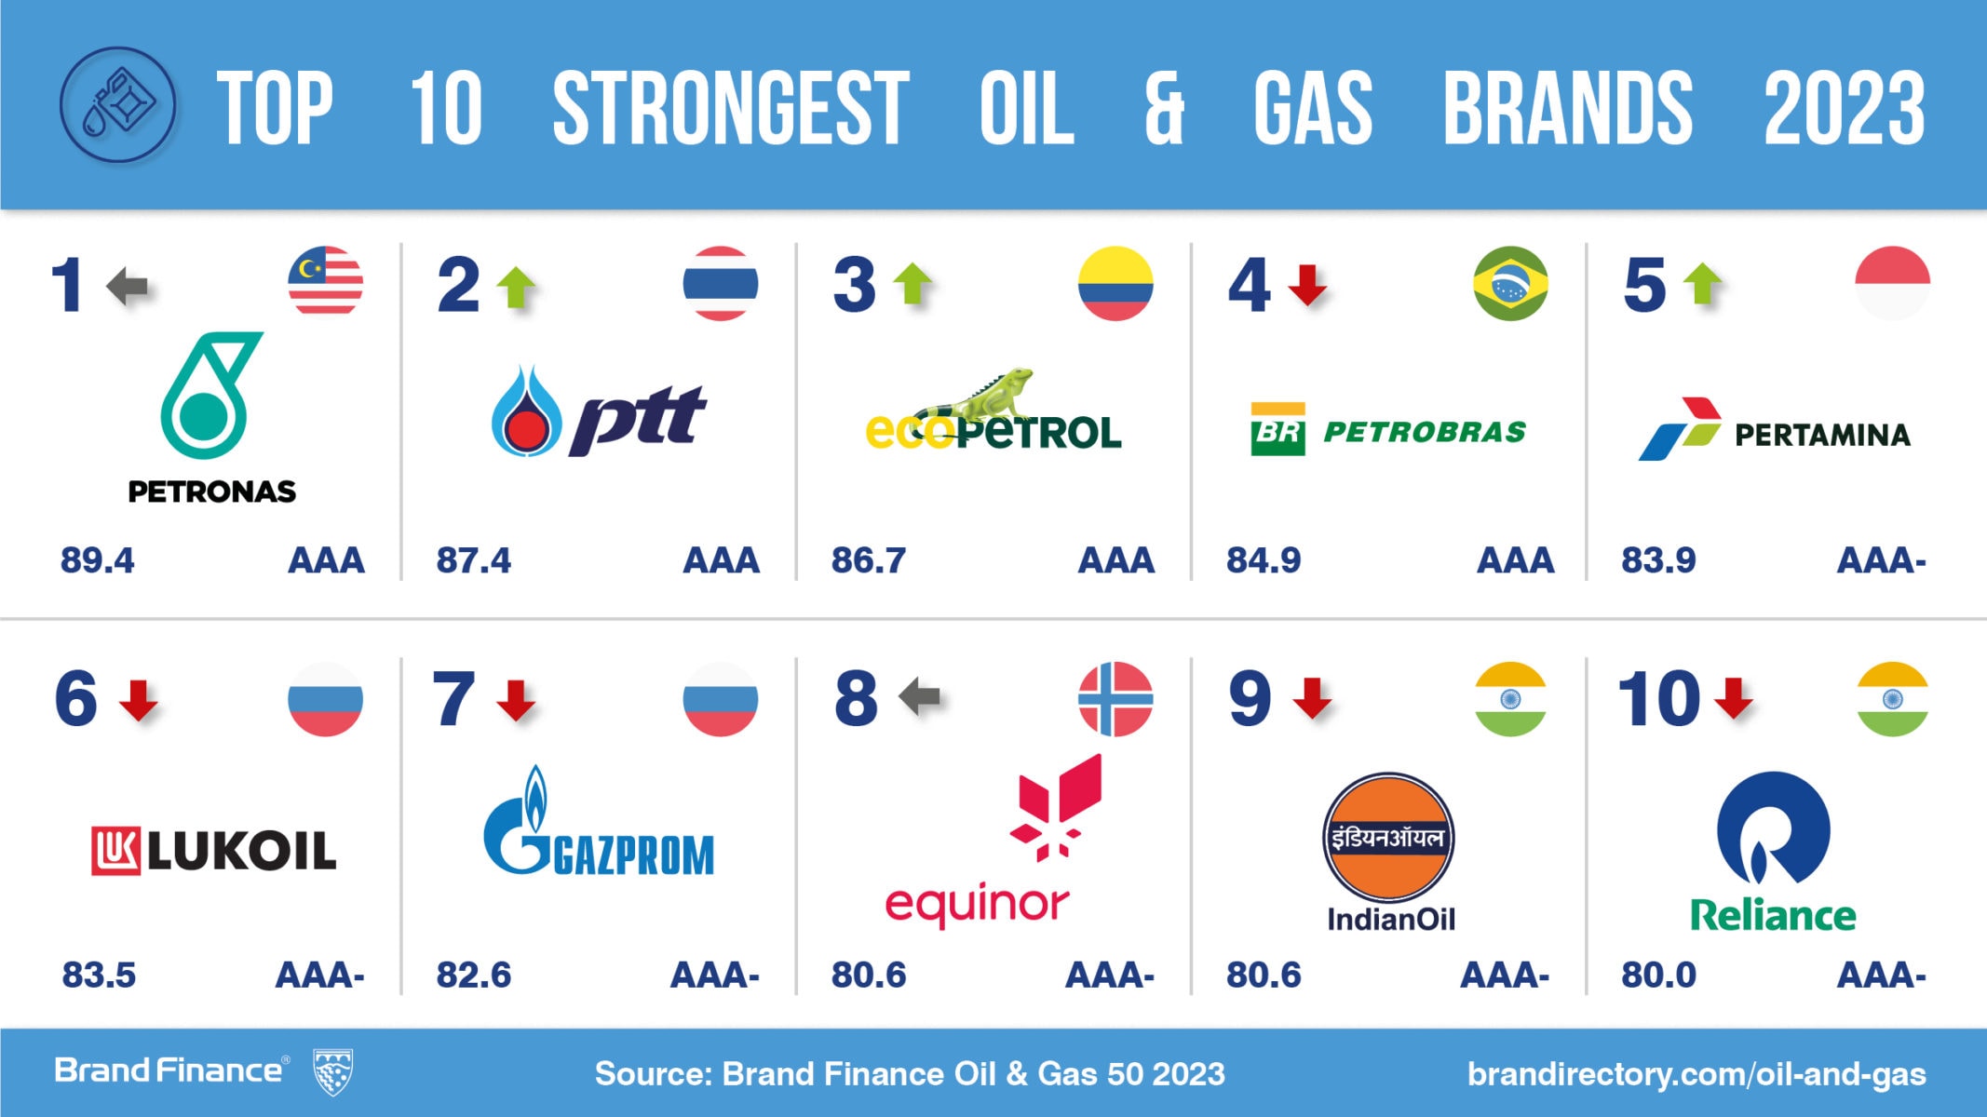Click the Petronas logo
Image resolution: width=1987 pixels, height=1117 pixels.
(212, 418)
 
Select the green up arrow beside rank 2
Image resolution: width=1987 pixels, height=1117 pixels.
(516, 287)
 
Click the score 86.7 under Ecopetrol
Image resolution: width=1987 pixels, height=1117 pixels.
(868, 560)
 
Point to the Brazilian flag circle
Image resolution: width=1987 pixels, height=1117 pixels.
(1510, 283)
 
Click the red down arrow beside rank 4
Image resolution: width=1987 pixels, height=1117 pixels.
(1307, 285)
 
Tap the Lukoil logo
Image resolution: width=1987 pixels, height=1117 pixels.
(213, 851)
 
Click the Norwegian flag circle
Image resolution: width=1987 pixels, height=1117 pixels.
(1115, 699)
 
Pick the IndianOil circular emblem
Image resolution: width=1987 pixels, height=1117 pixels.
(1388, 837)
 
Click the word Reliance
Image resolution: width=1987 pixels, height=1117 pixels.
(1773, 916)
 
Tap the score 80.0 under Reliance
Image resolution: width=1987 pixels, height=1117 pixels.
(1658, 976)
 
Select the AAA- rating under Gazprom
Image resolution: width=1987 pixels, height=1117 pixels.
(715, 976)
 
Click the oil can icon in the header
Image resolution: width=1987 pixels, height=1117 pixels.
(118, 105)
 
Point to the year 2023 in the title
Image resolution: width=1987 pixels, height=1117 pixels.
(1845, 108)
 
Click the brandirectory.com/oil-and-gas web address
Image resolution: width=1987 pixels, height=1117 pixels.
(1696, 1074)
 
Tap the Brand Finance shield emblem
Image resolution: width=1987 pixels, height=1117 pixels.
(332, 1071)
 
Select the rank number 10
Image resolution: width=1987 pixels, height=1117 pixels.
(1658, 698)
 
